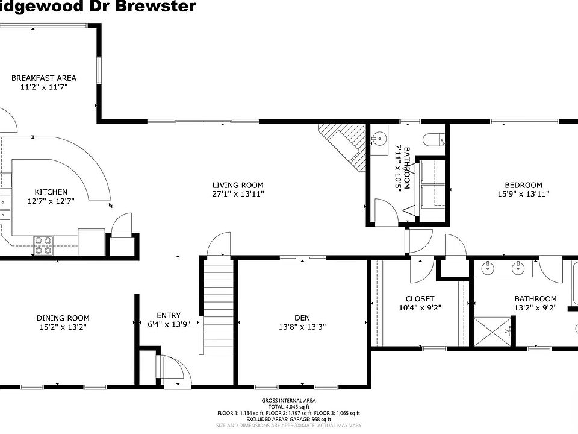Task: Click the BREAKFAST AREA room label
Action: click(x=44, y=78)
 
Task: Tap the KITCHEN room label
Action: click(x=51, y=192)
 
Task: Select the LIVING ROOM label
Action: click(x=238, y=185)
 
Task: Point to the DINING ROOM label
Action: click(x=63, y=318)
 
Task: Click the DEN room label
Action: click(x=302, y=318)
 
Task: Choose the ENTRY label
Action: click(x=169, y=315)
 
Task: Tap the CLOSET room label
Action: click(x=420, y=299)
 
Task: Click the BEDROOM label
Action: click(x=523, y=185)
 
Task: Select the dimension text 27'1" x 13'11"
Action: click(x=238, y=194)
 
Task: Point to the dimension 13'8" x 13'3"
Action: click(x=302, y=327)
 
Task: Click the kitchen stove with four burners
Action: click(x=42, y=245)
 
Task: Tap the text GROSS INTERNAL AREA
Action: click(x=288, y=401)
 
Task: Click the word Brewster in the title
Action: click(x=163, y=7)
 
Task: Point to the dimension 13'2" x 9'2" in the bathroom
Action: click(x=535, y=308)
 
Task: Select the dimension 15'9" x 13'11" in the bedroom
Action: click(x=523, y=194)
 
